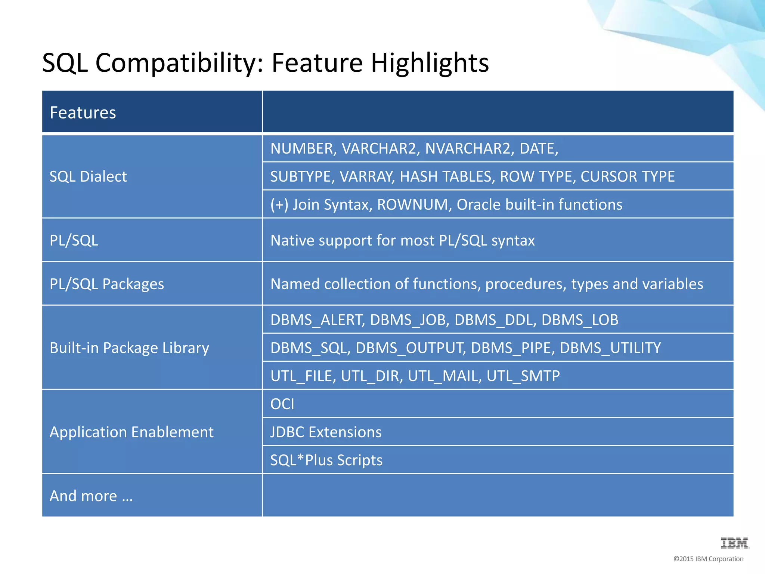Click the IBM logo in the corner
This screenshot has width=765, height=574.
click(734, 543)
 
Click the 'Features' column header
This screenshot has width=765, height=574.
click(83, 112)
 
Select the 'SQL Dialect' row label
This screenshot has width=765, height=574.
click(88, 176)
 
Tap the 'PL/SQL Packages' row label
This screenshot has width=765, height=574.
click(107, 284)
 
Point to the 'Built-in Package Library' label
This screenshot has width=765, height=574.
click(129, 348)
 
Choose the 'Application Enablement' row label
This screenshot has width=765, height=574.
click(131, 432)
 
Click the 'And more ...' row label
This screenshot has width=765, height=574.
click(91, 496)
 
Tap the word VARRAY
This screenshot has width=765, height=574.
click(367, 177)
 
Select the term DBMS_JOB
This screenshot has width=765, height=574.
click(410, 320)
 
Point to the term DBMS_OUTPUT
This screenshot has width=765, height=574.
click(411, 348)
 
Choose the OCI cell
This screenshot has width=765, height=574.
click(282, 404)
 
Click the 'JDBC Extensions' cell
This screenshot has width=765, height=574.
click(326, 432)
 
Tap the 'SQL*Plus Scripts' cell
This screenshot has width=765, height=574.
click(326, 460)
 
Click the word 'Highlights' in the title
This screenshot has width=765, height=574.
click(430, 63)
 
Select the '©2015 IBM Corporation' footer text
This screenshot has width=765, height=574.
click(708, 559)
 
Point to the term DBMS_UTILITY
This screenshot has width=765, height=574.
click(610, 348)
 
